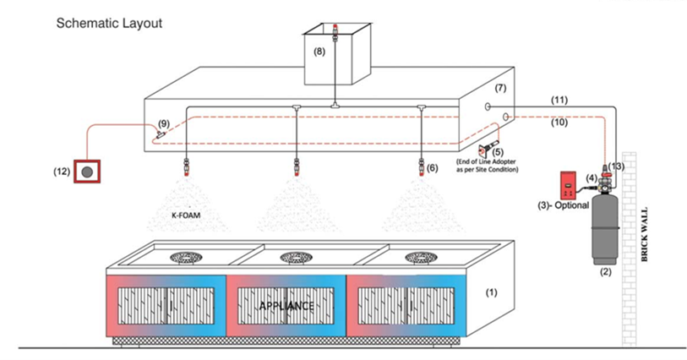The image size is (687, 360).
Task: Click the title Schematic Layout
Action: [x=109, y=23]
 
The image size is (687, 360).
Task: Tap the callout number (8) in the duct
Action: [x=319, y=52]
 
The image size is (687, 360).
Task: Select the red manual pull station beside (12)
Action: [x=86, y=172]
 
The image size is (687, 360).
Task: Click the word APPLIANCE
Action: [x=286, y=305]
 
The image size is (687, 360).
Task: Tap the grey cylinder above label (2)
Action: [x=605, y=229]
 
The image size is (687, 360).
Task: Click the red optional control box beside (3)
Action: [x=564, y=183]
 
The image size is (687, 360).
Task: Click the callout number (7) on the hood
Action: [x=500, y=89]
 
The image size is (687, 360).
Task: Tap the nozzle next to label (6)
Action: [x=420, y=161]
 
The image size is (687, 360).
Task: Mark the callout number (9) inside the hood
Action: [x=163, y=123]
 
